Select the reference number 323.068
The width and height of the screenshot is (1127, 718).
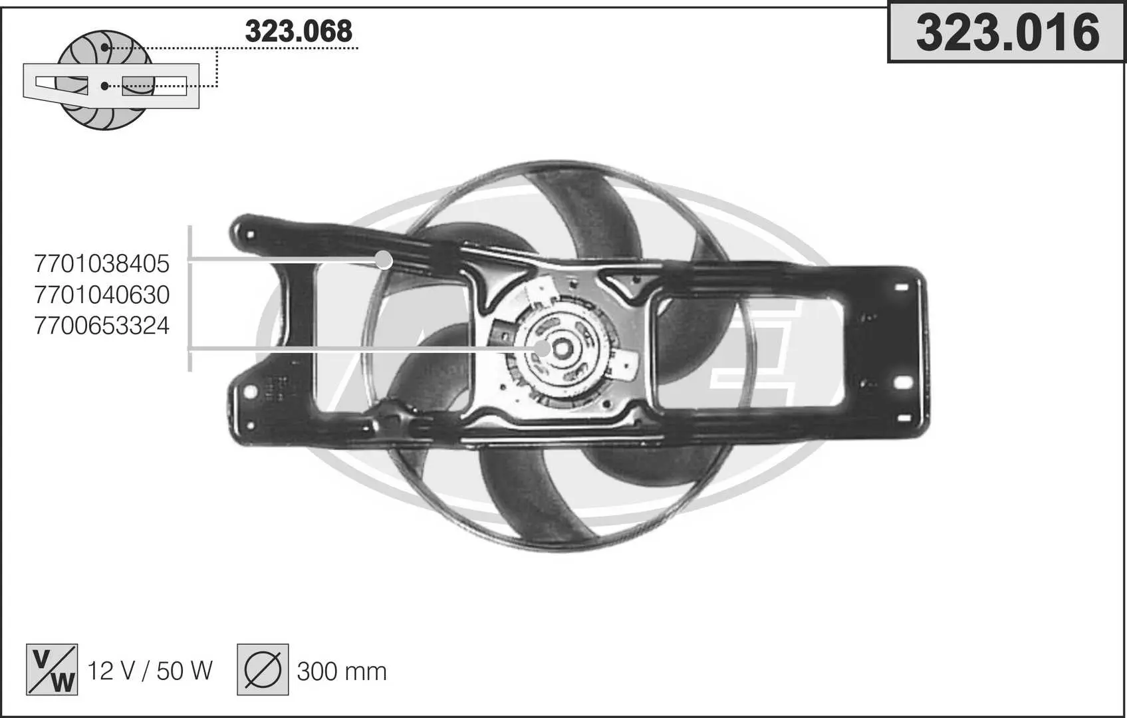point(299,31)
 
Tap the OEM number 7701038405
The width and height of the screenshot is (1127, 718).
point(102,264)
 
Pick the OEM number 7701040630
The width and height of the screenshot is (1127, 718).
point(102,295)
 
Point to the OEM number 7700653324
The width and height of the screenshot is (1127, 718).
point(102,326)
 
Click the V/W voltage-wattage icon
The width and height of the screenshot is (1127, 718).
point(52,669)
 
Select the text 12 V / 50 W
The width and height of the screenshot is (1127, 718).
point(150,671)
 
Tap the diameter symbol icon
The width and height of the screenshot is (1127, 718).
point(263,669)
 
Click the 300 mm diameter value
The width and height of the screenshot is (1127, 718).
point(342,671)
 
